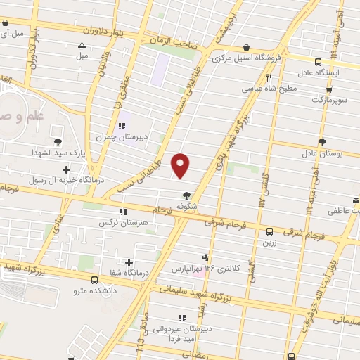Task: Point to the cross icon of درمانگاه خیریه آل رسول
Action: coord(67,169)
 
